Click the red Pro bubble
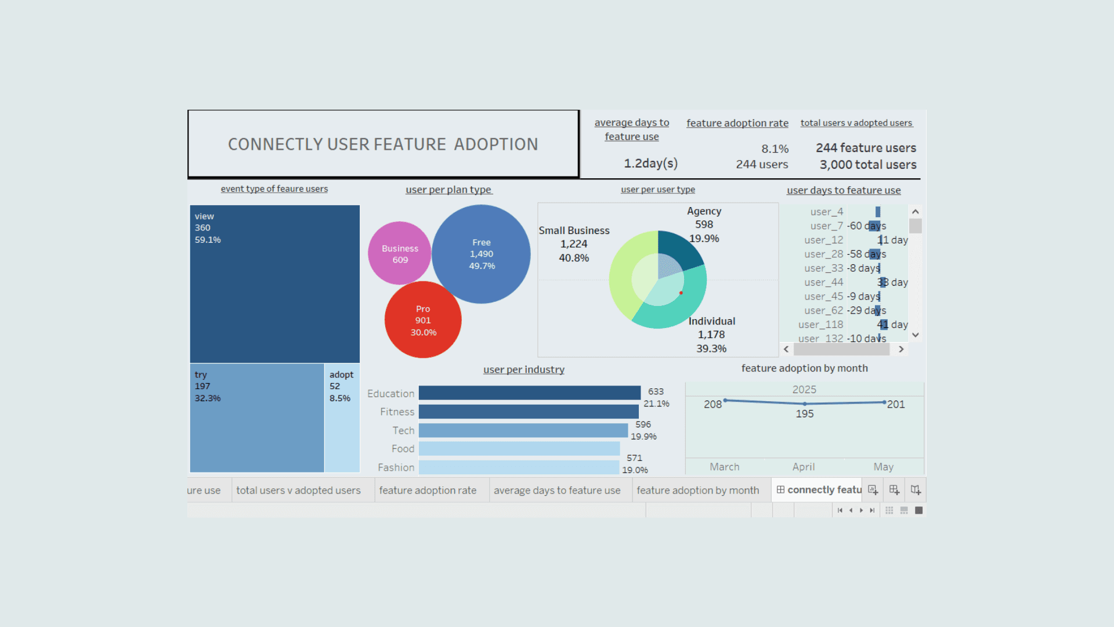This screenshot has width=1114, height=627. [x=423, y=320]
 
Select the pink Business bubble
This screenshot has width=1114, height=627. [x=399, y=254]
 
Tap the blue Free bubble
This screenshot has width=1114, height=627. [x=481, y=254]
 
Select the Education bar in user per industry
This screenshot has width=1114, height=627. [x=529, y=393]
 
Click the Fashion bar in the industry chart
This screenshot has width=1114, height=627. [x=519, y=467]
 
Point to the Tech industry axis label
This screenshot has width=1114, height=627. [x=403, y=430]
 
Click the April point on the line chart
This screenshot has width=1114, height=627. [x=804, y=403]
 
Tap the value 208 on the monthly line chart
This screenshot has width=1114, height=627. [x=712, y=404]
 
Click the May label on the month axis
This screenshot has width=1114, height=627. [x=883, y=467]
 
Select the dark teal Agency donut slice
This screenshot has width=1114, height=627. [x=680, y=246]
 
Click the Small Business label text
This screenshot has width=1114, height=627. [x=574, y=230]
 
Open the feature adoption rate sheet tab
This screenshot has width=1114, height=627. [x=428, y=490]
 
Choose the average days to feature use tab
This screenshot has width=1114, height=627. [x=557, y=490]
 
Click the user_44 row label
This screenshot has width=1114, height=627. [x=823, y=282]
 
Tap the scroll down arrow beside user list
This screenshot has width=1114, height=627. [x=916, y=335]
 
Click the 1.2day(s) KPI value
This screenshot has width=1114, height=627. [x=650, y=163]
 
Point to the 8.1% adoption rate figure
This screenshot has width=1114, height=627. [x=775, y=149]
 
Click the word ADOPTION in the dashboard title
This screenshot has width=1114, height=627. [x=495, y=144]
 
